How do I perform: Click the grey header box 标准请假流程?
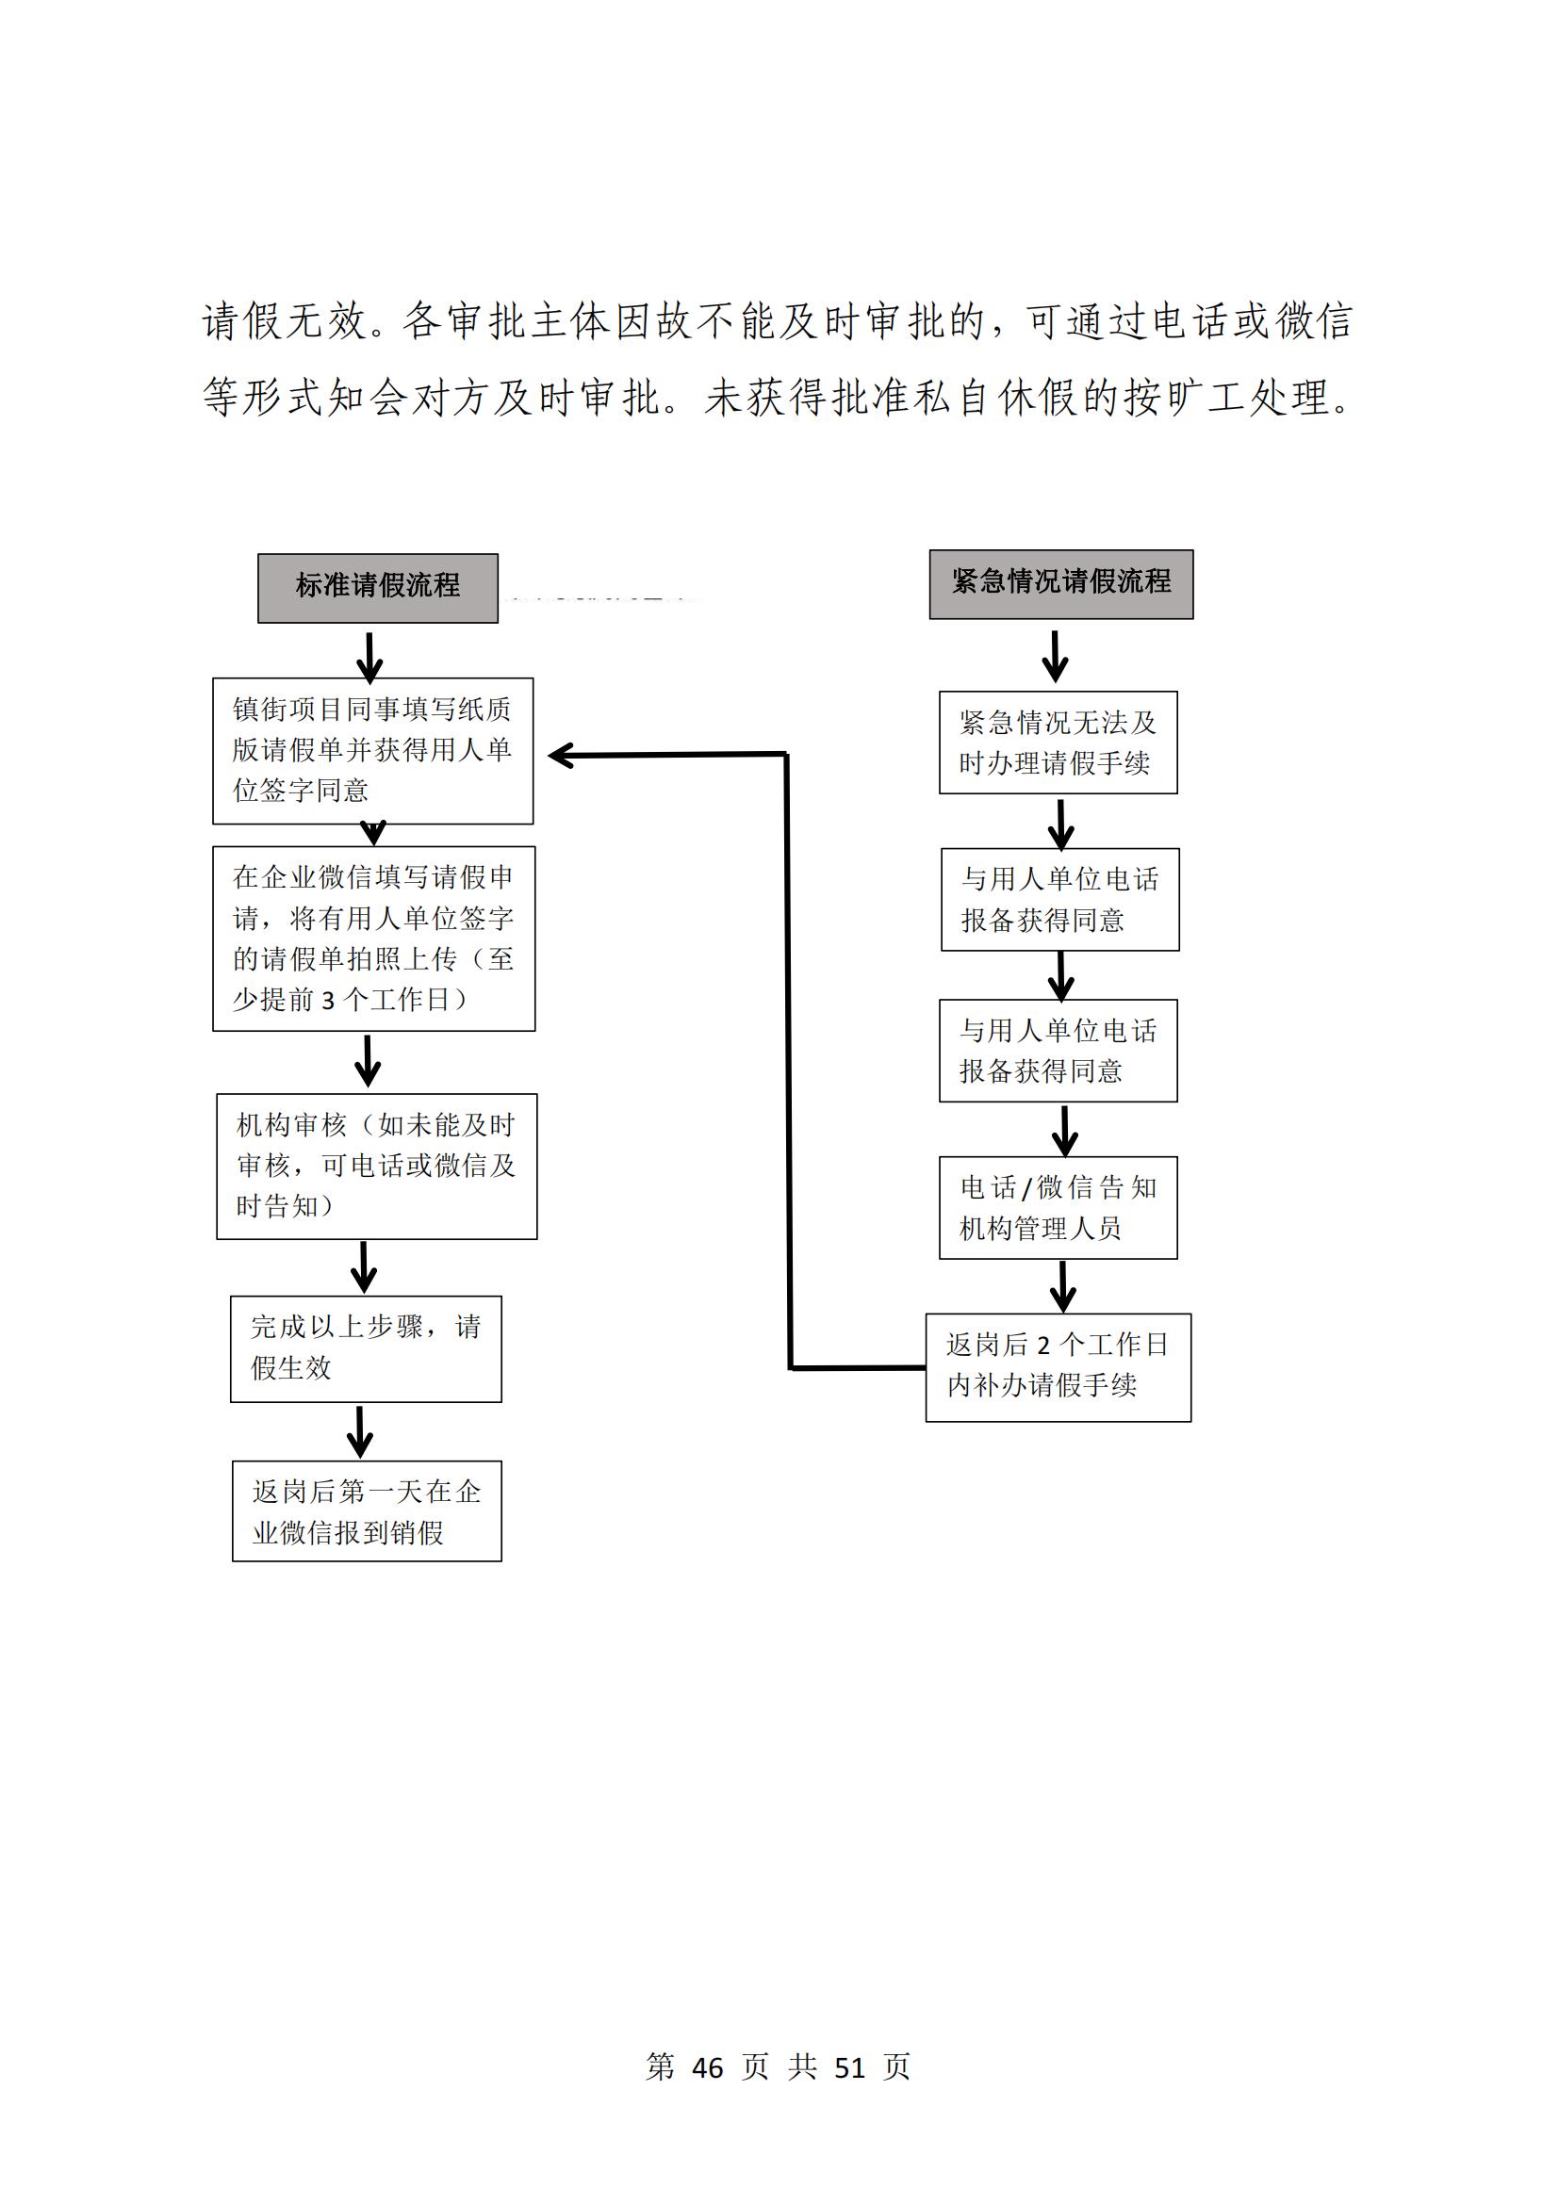pos(377,588)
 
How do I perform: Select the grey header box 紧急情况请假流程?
pos(1060,584)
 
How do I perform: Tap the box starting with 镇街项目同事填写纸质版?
pos(372,751)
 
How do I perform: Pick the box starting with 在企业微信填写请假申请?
pos(373,939)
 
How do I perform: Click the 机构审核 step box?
pos(376,1167)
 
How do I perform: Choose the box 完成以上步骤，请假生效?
pos(366,1348)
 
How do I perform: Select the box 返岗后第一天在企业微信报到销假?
pos(367,1510)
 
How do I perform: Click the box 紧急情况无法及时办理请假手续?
pos(1058,742)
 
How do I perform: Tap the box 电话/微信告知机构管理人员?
pos(1058,1208)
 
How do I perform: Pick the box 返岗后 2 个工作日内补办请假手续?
pos(1058,1367)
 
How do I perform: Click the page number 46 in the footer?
pos(708,2067)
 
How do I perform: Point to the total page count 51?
pos(849,2067)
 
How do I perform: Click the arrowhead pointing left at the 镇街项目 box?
pos(561,756)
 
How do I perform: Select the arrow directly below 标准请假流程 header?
pos(369,657)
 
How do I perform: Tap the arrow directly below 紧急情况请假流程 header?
pos(1055,656)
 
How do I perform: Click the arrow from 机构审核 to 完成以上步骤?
pos(364,1267)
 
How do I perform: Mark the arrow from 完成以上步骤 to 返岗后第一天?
pos(360,1432)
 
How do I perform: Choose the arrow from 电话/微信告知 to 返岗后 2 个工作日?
pos(1062,1286)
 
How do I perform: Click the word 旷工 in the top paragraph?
pos(1206,398)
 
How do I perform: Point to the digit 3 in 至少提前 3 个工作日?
pos(328,1002)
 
